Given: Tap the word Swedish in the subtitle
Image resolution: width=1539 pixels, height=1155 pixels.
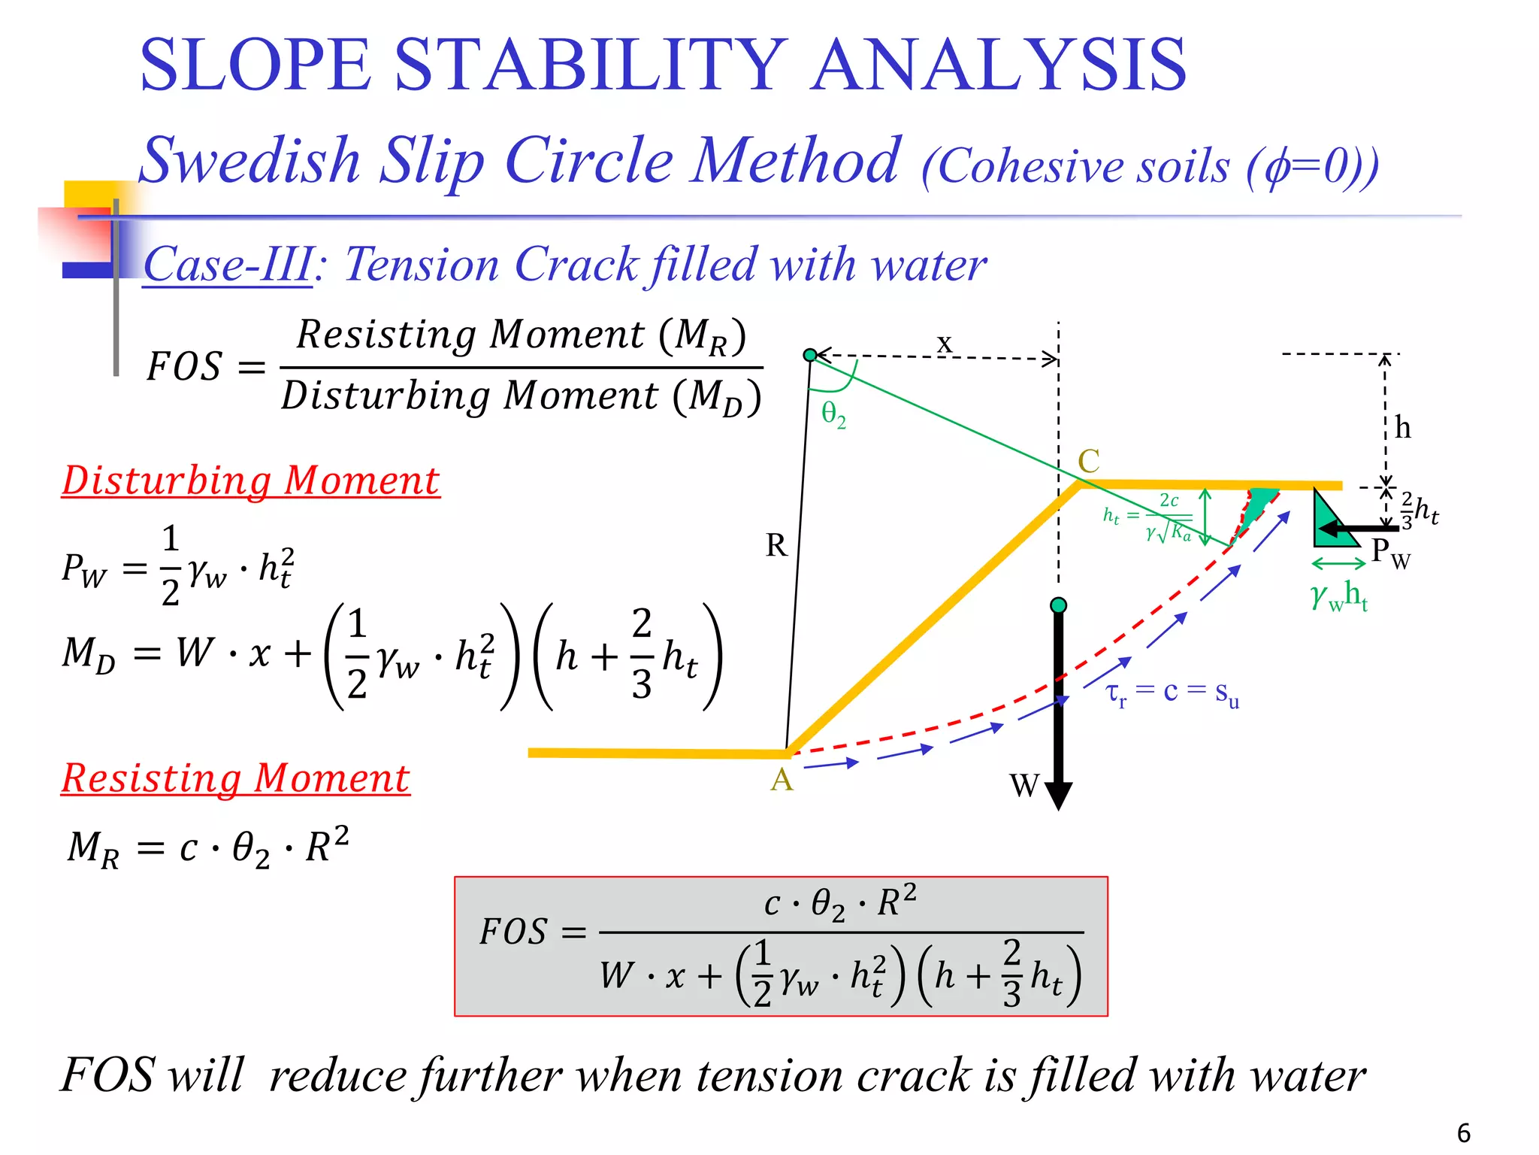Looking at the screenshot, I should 250,160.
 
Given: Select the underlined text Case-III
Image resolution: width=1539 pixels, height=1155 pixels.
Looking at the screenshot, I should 228,265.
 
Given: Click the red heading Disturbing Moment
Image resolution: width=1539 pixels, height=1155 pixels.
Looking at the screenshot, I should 250,480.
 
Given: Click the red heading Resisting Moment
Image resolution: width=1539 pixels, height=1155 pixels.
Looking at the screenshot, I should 235,778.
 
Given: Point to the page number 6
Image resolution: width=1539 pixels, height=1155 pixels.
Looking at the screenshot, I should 1463,1132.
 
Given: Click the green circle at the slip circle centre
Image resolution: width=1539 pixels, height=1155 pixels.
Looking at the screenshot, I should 810,355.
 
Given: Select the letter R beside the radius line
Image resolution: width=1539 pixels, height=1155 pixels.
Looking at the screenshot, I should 776,545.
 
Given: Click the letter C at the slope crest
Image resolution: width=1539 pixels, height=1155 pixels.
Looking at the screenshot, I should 1089,461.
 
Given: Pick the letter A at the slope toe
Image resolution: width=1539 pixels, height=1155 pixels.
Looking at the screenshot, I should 782,780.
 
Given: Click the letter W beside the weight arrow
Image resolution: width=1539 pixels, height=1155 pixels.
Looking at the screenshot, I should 1024,786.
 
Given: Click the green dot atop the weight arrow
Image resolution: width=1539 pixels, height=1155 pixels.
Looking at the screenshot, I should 1058,605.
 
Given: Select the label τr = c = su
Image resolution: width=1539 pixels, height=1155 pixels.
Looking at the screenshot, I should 1172,693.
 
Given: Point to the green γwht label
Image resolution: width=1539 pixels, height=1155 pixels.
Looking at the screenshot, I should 1339,596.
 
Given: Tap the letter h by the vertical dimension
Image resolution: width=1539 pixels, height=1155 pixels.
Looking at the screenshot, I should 1402,427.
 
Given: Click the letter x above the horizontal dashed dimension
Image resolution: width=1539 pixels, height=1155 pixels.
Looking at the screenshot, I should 945,344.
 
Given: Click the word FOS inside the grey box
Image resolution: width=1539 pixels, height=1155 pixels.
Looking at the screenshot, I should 513,932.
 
